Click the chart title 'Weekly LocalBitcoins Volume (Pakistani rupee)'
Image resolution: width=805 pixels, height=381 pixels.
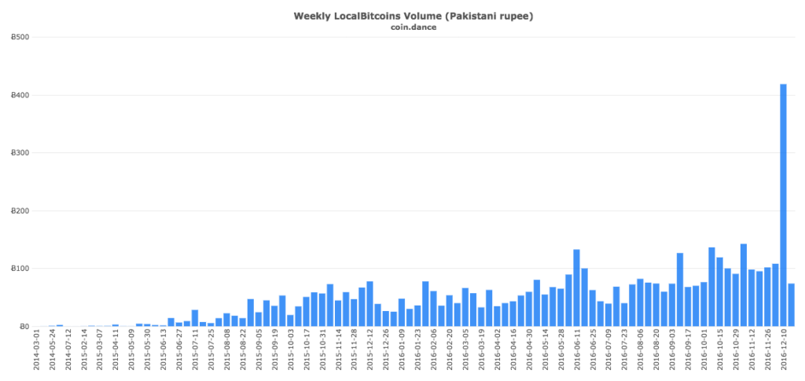pyautogui.click(x=402, y=16)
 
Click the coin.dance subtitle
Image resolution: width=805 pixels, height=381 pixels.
pyautogui.click(x=402, y=27)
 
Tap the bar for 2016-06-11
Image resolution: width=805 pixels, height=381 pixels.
pyautogui.click(x=576, y=288)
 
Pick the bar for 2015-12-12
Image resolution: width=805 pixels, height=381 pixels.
pyautogui.click(x=369, y=304)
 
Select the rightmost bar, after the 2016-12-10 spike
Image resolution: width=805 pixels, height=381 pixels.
pyautogui.click(x=792, y=305)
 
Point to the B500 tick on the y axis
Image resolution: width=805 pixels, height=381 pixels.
pyautogui.click(x=20, y=38)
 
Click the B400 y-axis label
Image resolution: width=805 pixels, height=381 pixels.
pyautogui.click(x=20, y=96)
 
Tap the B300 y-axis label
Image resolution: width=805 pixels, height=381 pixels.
pyautogui.click(x=20, y=153)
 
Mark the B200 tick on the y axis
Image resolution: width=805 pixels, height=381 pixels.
pyautogui.click(x=20, y=211)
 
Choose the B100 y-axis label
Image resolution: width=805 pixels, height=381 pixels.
pyautogui.click(x=20, y=269)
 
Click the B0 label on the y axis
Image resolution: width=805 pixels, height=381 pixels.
pyautogui.click(x=24, y=327)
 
